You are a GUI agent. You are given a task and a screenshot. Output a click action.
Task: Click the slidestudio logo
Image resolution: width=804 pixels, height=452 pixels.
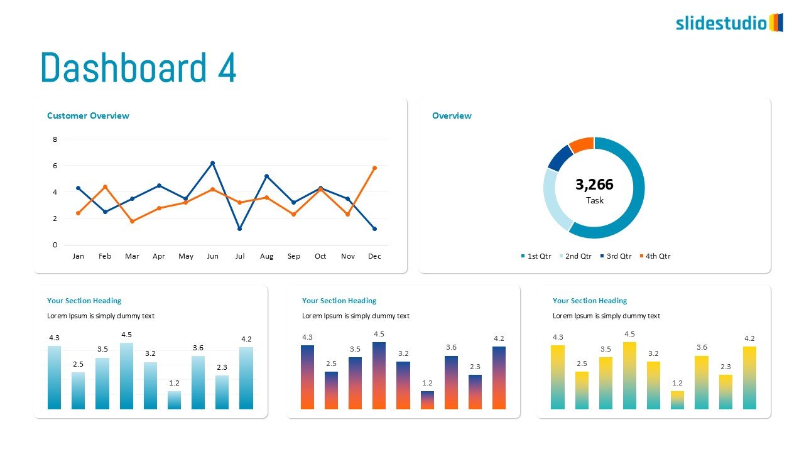pos(729,23)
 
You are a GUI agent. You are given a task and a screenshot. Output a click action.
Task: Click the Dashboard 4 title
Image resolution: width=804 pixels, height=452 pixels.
pos(138,68)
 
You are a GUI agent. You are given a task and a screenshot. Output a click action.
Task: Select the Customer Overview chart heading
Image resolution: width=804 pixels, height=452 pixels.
pos(88,116)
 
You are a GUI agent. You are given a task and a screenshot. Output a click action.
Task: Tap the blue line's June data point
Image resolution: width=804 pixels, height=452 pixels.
pos(212,163)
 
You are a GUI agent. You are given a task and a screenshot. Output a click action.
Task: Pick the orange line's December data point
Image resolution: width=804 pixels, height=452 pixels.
pos(374,168)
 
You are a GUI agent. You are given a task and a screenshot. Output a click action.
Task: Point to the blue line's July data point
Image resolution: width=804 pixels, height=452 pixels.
pos(239,229)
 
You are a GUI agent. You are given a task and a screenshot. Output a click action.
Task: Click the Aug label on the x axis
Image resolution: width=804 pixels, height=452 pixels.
pos(266,256)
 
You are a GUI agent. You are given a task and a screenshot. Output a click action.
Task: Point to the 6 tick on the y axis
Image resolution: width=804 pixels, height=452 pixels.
pos(55,166)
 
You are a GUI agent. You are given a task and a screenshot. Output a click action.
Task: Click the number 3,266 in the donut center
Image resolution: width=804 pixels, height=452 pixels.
pos(594,185)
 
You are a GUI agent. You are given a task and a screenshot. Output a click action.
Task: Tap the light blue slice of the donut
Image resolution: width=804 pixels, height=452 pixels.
pos(555,198)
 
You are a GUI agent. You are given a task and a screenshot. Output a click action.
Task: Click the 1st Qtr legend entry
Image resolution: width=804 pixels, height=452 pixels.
pos(536,256)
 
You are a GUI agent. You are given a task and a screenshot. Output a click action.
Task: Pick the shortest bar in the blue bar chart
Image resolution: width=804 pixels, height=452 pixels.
pos(174,400)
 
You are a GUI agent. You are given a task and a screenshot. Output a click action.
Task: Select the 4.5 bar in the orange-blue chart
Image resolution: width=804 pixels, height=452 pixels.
pos(379,375)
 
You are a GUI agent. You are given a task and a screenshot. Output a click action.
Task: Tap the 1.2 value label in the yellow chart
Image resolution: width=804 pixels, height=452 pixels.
pos(677,383)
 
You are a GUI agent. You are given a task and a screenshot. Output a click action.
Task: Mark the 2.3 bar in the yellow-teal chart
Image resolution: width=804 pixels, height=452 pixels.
pos(725,392)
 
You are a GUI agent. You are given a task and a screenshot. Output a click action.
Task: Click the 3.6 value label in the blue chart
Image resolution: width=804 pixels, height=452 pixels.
pos(198,348)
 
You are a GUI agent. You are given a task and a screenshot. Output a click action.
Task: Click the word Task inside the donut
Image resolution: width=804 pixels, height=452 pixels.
pos(594,201)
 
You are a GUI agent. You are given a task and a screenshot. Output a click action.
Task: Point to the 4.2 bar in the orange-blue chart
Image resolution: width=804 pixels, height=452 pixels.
pos(499,378)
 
